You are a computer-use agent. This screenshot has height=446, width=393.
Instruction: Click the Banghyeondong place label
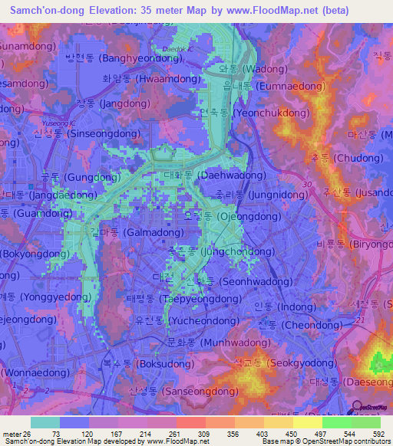tap(123, 57)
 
